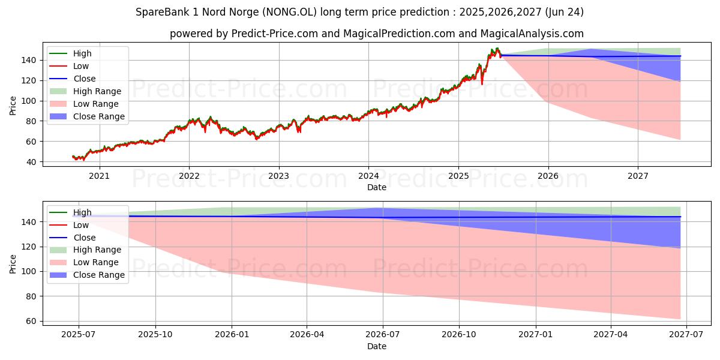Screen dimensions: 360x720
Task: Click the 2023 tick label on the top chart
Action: (278, 176)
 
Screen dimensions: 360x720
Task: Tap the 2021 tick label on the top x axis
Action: (99, 176)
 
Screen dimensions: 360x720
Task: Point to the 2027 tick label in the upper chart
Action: (638, 176)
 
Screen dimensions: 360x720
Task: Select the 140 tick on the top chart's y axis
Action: (30, 60)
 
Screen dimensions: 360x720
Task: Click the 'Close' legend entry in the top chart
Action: (85, 79)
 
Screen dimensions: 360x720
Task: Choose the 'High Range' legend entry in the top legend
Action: (97, 91)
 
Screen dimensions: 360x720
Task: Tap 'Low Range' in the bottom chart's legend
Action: (96, 262)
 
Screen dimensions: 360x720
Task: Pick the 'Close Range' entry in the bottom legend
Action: (99, 275)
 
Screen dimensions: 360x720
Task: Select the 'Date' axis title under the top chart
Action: (377, 187)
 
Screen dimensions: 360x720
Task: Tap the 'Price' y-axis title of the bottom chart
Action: (13, 263)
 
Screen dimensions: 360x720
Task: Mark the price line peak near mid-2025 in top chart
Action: (497, 49)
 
